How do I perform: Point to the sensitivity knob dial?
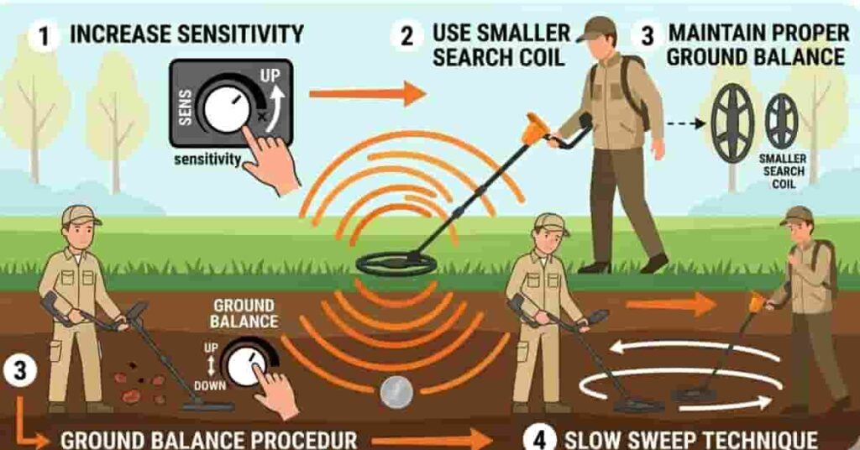[x=227, y=109]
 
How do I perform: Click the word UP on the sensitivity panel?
[x=270, y=76]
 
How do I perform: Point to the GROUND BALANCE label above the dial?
[x=244, y=314]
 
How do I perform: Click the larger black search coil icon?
[x=732, y=122]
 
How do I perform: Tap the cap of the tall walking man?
[x=597, y=27]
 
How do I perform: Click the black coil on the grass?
[x=396, y=263]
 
